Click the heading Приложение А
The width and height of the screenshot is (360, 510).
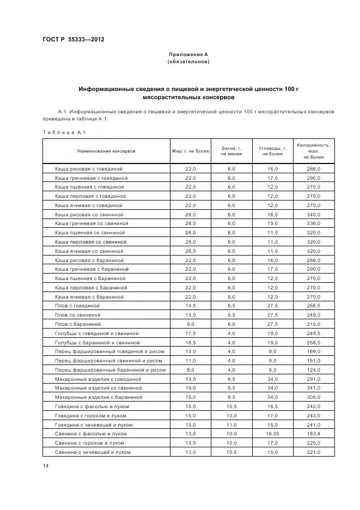(x=188, y=54)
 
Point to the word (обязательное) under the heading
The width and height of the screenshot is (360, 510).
(x=188, y=62)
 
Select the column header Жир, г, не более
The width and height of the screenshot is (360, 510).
(x=190, y=150)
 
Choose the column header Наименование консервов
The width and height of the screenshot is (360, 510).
(x=106, y=150)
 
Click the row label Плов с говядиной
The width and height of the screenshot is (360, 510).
(x=77, y=306)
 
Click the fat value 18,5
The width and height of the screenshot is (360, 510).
(x=190, y=342)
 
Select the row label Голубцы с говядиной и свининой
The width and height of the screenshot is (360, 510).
(x=97, y=333)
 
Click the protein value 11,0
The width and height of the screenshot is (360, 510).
(x=231, y=424)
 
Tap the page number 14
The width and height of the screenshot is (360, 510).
(x=46, y=466)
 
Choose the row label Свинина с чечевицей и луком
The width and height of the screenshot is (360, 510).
(x=93, y=452)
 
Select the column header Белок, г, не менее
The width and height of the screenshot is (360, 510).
(x=231, y=151)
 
